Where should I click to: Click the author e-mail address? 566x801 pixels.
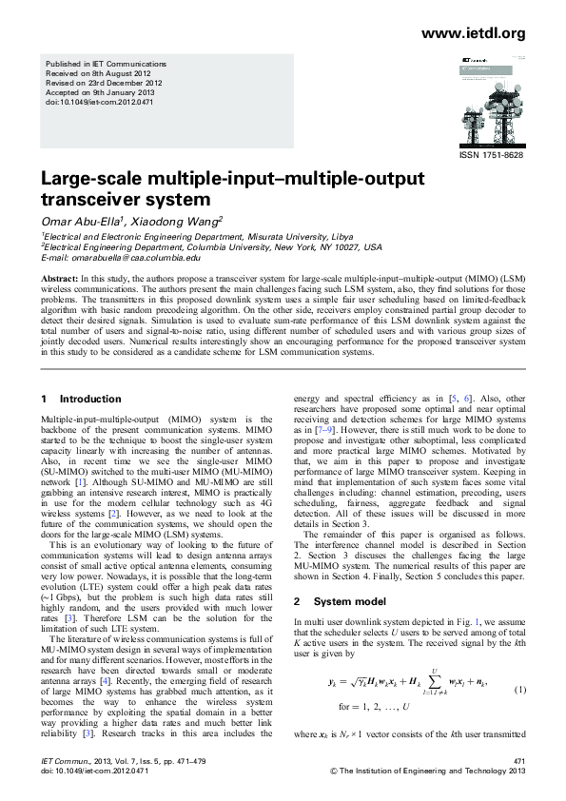pos(120,257)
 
